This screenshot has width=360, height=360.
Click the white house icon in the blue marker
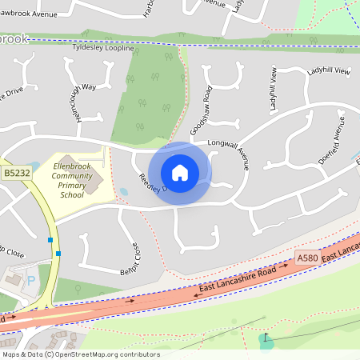point(180,173)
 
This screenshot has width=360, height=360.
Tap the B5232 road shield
point(16,172)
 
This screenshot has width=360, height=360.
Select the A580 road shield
point(307,258)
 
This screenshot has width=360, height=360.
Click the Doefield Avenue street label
point(331,141)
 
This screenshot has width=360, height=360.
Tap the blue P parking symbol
point(31,281)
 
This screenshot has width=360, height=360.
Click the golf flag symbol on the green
point(264,338)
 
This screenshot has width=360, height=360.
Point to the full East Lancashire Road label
point(236,282)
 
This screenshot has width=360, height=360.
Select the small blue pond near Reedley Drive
point(123,192)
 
